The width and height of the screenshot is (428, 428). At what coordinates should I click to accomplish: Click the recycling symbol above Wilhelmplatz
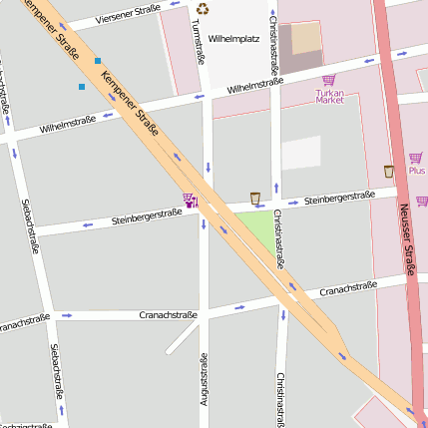pos(204,10)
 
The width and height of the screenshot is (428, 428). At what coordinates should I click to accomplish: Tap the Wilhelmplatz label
pos(233,39)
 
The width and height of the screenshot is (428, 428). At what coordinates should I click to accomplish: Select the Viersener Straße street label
pos(127,17)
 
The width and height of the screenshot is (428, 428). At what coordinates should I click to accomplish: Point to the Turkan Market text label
pos(329,97)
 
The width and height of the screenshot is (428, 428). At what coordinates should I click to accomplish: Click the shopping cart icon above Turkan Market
pos(329,80)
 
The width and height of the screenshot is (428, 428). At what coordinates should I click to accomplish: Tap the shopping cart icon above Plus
pos(415,158)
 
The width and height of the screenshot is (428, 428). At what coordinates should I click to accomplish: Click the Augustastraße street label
pos(204,379)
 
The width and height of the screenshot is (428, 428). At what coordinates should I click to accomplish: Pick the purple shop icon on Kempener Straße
pos(189,200)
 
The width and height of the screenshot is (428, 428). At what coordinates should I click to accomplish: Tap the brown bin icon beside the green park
pos(255,198)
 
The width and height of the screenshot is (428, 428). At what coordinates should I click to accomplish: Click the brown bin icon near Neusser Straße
pos(388,172)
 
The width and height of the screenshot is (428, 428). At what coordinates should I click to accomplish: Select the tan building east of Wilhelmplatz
pos(307,38)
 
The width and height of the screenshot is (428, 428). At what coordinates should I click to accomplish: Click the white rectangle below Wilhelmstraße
pos(301,153)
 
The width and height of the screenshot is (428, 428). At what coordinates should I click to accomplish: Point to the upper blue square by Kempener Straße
pos(98,61)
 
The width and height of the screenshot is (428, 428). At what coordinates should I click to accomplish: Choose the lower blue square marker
pos(82,87)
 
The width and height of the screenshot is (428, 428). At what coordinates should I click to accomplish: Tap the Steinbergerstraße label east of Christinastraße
pos(339,200)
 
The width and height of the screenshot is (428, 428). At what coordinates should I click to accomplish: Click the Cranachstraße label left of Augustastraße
pos(168,315)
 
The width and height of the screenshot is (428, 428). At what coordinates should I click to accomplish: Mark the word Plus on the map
pos(416,171)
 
